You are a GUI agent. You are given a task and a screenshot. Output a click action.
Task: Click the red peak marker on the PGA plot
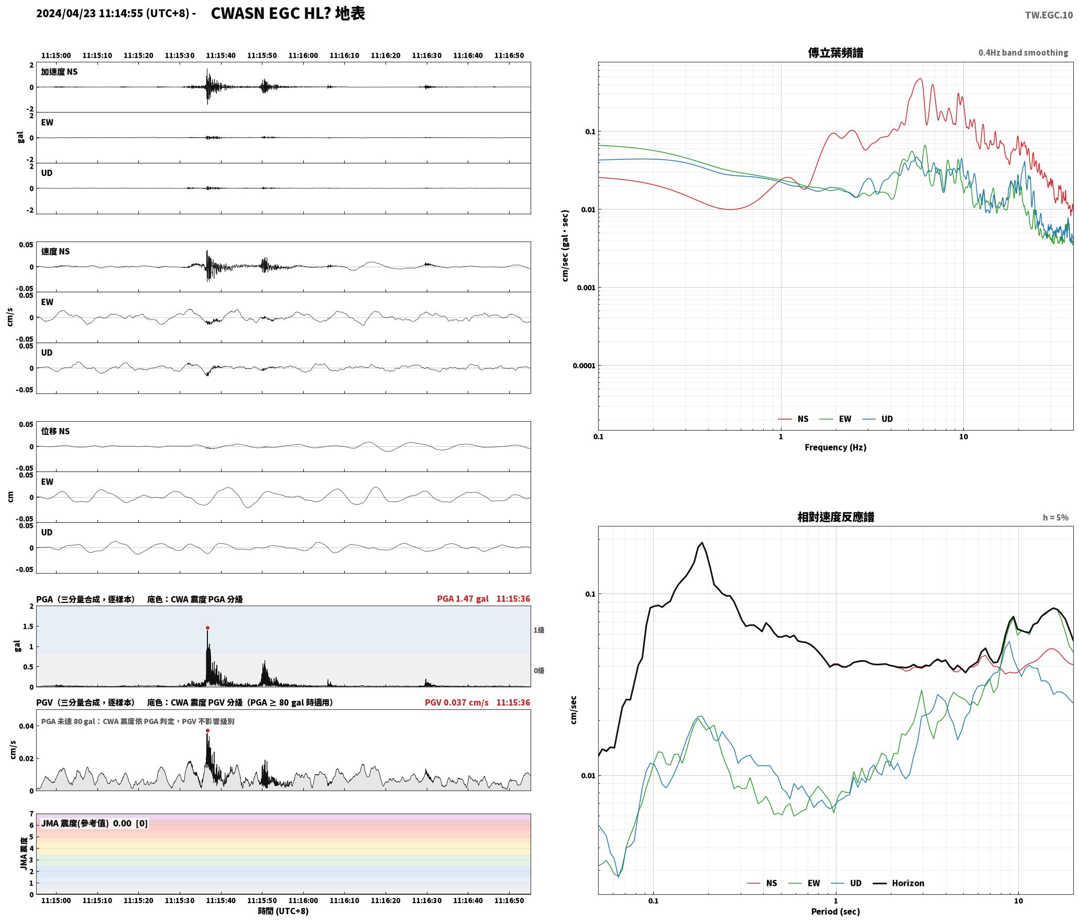point(207,628)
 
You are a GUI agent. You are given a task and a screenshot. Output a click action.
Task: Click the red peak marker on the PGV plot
point(207,730)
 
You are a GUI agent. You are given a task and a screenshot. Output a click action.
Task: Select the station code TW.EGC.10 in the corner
point(1049,15)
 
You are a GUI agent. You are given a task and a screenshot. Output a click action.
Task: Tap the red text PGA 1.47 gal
point(463,599)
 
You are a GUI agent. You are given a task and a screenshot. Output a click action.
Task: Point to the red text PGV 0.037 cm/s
point(456,703)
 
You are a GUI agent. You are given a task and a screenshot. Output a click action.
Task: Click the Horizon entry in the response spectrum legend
point(908,883)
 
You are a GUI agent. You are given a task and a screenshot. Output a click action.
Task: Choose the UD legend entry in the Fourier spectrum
point(887,419)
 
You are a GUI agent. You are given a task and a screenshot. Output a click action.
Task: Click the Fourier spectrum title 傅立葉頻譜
point(835,53)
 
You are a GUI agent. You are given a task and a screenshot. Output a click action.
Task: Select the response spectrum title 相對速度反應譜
point(835,517)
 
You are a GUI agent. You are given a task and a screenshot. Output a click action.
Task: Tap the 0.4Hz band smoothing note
point(1023,53)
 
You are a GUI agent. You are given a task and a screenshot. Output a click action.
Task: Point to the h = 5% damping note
point(1055,518)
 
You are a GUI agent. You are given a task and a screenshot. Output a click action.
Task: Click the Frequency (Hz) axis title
point(835,447)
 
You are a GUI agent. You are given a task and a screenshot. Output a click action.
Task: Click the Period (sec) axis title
point(835,912)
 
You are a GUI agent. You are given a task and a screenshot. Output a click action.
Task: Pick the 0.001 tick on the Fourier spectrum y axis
point(585,288)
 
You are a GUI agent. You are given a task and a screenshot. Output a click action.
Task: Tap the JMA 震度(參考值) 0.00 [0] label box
point(94,824)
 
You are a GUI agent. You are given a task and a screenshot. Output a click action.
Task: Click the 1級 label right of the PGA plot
point(539,630)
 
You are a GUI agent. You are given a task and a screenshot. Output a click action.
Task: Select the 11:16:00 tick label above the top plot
point(303,56)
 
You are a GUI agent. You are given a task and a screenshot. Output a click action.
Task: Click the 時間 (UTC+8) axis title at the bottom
point(283,911)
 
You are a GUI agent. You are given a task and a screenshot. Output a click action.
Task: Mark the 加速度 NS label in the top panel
point(59,72)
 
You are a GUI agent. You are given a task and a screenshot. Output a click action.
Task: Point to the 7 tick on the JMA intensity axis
point(31,814)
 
